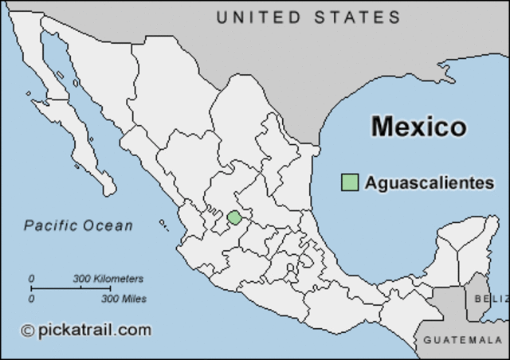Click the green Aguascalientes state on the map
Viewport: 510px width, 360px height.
[233, 217]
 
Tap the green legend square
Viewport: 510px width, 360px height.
[349, 182]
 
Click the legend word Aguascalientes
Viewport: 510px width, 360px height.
[430, 182]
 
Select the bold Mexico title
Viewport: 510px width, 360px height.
[418, 127]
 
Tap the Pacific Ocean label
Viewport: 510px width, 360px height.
[78, 225]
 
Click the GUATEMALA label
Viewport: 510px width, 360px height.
[462, 340]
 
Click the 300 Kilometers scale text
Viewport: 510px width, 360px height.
[108, 279]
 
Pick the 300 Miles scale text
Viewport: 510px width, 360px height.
[123, 299]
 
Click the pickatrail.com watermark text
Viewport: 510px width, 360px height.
[94, 330]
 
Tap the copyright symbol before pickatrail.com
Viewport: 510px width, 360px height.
[28, 331]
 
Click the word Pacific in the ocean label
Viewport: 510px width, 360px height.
[50, 225]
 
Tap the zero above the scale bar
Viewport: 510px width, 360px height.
[32, 279]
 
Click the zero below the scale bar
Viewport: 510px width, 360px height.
[32, 299]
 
